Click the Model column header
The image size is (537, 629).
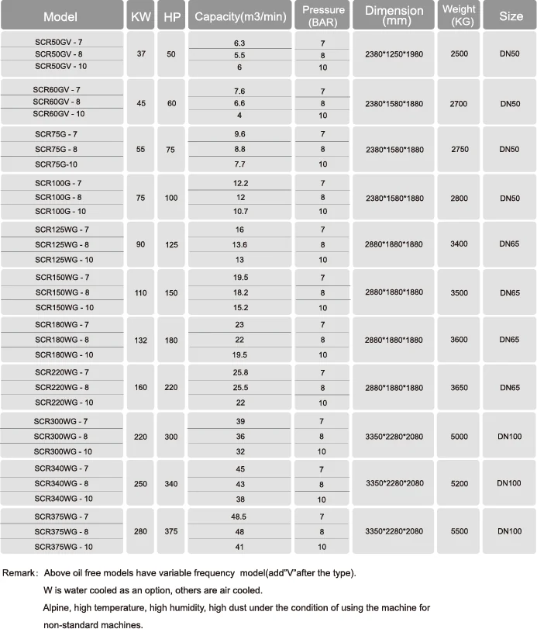pos(60,16)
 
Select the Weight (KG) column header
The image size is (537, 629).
pos(458,16)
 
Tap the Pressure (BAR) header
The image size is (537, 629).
pos(323,16)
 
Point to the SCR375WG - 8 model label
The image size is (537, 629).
pos(61,531)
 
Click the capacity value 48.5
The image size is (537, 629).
pos(239,517)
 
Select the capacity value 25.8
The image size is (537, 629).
pos(239,373)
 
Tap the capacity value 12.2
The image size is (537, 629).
pos(239,183)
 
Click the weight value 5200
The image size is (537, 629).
pos(459,483)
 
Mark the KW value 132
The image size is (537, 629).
pos(140,340)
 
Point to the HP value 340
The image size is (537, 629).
pos(171,483)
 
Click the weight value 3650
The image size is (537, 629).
pos(459,388)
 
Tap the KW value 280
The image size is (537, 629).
pos(140,531)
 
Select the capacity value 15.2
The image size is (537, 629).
pos(239,307)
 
